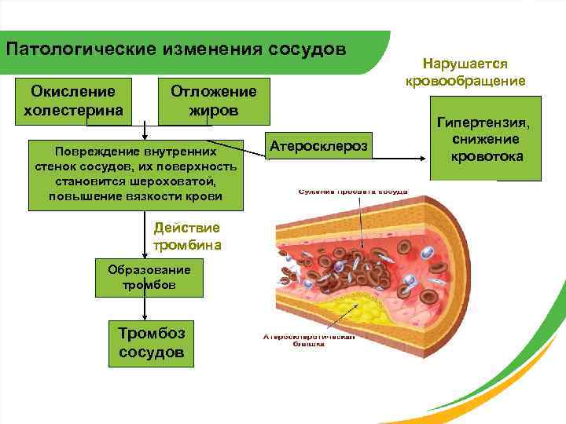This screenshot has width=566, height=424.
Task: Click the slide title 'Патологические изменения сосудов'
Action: [175, 49]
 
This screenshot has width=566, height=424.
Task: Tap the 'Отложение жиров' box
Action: [214, 101]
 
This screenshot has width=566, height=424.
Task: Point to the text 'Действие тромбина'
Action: [187, 236]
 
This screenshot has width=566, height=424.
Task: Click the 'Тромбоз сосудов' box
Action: [152, 342]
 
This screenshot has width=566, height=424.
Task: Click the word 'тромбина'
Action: [187, 244]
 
